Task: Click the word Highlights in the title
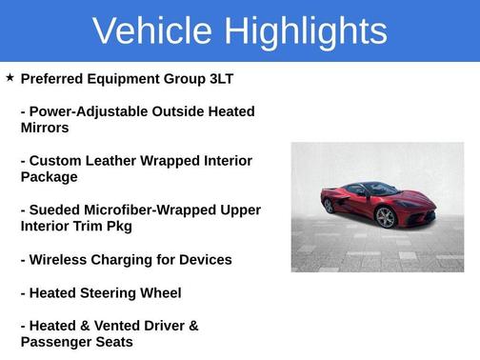pos(301,32)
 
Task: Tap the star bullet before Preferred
pos(10,77)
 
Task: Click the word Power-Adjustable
pos(90,111)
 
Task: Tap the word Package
pos(49,177)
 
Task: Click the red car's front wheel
pos(386,218)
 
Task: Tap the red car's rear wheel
pos(330,205)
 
